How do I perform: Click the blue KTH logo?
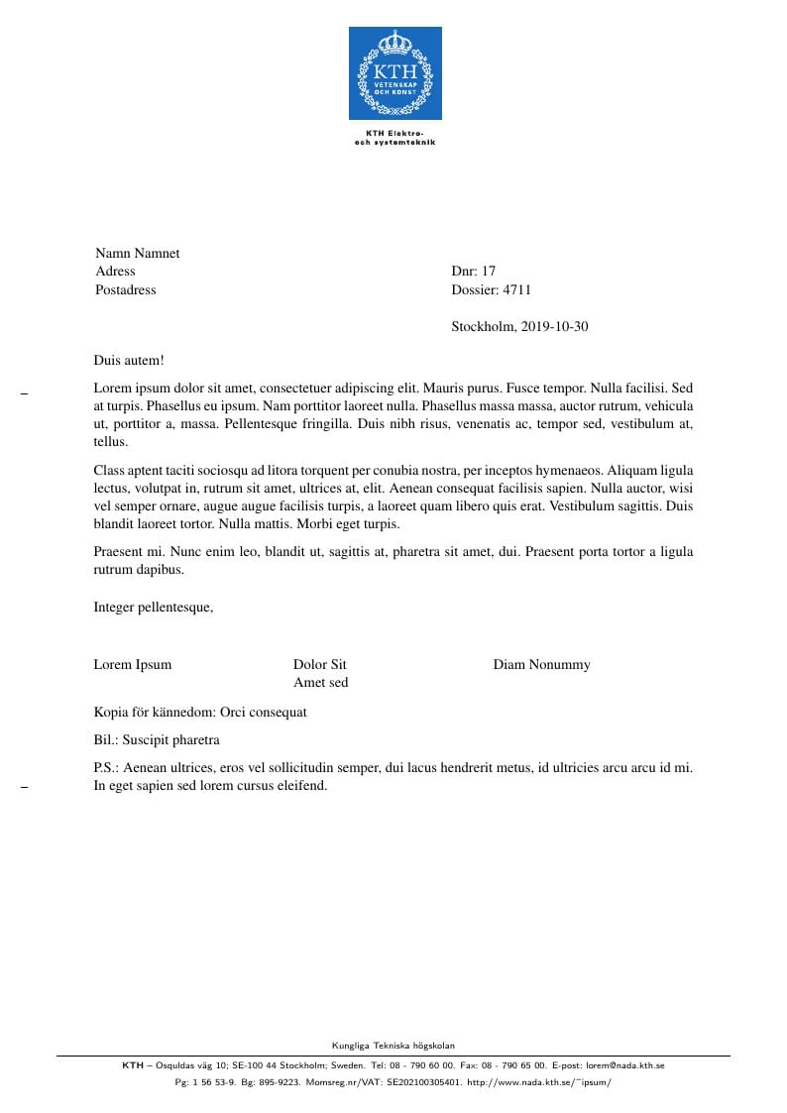pyautogui.click(x=394, y=73)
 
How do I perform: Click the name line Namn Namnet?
pyautogui.click(x=138, y=253)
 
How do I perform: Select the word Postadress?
pyautogui.click(x=126, y=290)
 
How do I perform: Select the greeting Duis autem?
pyautogui.click(x=129, y=361)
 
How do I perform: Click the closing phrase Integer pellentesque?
pyautogui.click(x=154, y=608)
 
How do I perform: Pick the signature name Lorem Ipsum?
pyautogui.click(x=133, y=665)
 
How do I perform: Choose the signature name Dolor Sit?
pyautogui.click(x=320, y=665)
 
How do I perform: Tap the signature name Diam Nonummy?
pyautogui.click(x=541, y=665)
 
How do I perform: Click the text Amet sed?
pyautogui.click(x=321, y=683)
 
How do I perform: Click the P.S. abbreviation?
pyautogui.click(x=106, y=768)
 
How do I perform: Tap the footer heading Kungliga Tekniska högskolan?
pyautogui.click(x=393, y=1045)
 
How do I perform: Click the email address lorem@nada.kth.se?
pyautogui.click(x=624, y=1065)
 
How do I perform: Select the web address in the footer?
pyautogui.click(x=539, y=1082)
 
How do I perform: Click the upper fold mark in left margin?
pyautogui.click(x=24, y=394)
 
